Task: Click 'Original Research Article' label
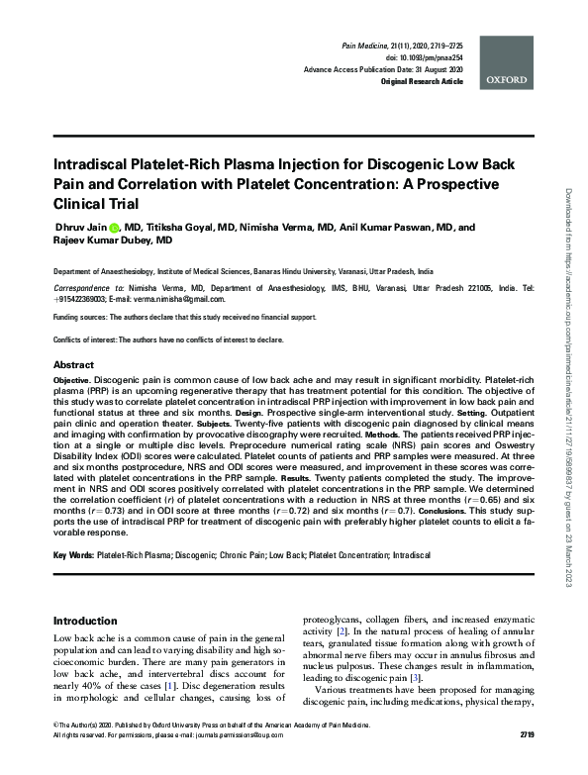pos(422,82)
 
